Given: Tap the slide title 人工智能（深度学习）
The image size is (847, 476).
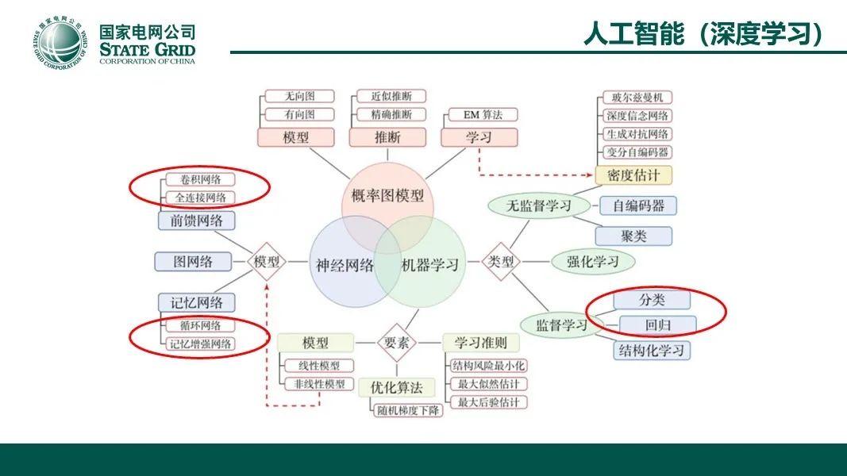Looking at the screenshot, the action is coord(702,34).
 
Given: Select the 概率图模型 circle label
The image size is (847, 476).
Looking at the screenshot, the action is coord(387,195).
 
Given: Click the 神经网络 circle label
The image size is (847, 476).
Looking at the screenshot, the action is coord(345,265).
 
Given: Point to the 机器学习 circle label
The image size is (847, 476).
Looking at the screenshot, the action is coord(429,265).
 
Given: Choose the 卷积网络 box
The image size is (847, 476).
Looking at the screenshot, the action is coord(201,180).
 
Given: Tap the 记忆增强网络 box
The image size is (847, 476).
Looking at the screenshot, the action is coord(201,344).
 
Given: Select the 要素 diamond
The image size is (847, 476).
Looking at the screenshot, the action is coord(396,343).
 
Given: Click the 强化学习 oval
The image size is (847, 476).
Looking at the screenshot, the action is coord(592,261).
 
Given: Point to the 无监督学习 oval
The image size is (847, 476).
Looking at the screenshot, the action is coord(540,206).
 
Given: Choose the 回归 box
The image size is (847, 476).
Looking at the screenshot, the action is coord(658,325).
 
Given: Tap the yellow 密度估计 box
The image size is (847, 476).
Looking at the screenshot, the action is coord(633,175).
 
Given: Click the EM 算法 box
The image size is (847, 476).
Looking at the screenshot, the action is coord(479,115).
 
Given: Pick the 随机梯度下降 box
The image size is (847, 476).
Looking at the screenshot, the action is coord(407,410).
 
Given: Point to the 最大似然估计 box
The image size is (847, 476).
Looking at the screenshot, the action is coord(487,384).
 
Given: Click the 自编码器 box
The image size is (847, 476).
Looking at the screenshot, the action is coord(637,206).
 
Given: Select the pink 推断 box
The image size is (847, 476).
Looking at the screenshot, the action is coord(387,137).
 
